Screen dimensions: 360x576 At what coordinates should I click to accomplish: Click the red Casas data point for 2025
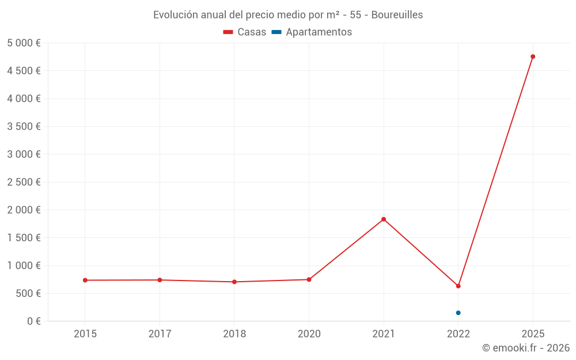click(x=533, y=56)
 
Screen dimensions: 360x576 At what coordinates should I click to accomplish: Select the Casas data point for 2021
click(x=384, y=219)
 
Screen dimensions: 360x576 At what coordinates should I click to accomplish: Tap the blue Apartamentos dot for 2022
click(x=458, y=313)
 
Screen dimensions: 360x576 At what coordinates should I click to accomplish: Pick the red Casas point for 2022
click(x=458, y=286)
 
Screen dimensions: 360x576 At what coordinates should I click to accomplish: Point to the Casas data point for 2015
click(x=85, y=280)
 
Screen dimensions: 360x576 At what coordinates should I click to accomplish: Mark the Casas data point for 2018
click(x=234, y=282)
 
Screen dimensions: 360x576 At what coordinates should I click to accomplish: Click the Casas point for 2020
click(x=309, y=279)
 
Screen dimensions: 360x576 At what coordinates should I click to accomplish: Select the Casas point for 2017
click(x=160, y=280)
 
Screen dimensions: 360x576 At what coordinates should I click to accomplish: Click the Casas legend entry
click(x=245, y=32)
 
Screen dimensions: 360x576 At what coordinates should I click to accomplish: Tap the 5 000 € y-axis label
click(x=24, y=43)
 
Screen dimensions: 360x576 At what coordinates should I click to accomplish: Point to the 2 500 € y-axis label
click(x=24, y=182)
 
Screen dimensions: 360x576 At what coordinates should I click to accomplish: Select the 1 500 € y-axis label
click(x=24, y=238)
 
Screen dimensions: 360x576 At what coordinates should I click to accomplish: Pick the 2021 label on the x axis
click(x=384, y=334)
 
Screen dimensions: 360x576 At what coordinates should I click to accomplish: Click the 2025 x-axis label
click(x=533, y=334)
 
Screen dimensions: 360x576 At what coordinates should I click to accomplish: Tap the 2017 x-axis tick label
click(x=160, y=334)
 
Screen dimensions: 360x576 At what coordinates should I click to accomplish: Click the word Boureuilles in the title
click(x=397, y=15)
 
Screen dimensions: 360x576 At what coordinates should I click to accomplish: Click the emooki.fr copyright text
click(x=526, y=348)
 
